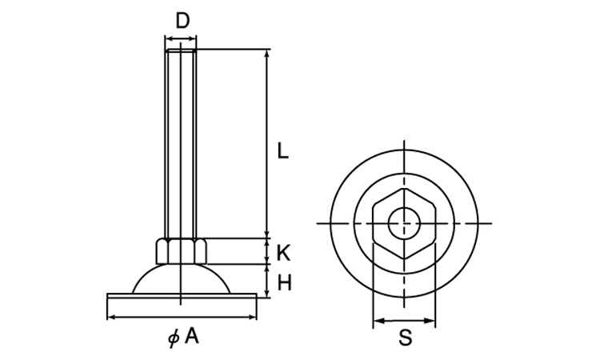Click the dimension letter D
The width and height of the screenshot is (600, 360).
pyautogui.click(x=183, y=21)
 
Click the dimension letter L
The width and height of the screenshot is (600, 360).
pyautogui.click(x=282, y=150)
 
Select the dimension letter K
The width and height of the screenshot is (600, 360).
pyautogui.click(x=283, y=254)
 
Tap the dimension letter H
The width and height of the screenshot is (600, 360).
pyautogui.click(x=284, y=283)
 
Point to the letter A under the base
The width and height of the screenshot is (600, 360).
pyautogui.click(x=192, y=336)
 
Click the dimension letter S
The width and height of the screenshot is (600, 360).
pyautogui.click(x=406, y=338)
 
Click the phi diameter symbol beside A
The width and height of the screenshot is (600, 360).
pyautogui.click(x=174, y=338)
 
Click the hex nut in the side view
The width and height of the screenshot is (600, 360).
pyautogui.click(x=181, y=251)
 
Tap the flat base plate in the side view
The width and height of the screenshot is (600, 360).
pyautogui.click(x=182, y=296)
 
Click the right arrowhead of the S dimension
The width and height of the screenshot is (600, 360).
pyautogui.click(x=431, y=321)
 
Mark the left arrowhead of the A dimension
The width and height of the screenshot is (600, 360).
pyautogui.click(x=111, y=317)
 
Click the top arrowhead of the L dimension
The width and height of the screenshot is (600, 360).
pyautogui.click(x=267, y=54)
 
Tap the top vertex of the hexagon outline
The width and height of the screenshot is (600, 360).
pyautogui.click(x=404, y=188)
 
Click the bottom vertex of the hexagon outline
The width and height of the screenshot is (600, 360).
pyautogui.click(x=405, y=259)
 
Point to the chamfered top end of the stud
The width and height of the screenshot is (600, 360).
pyautogui.click(x=181, y=50)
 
